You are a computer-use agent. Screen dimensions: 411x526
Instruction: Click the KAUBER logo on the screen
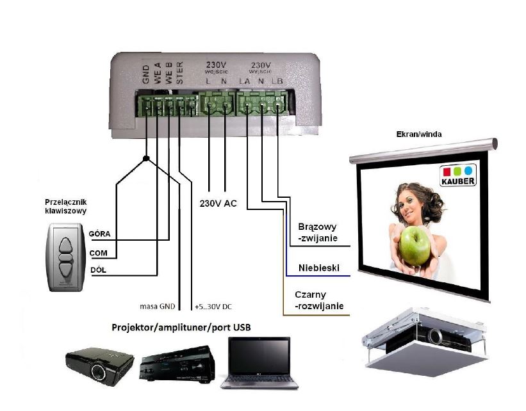(x=457, y=176)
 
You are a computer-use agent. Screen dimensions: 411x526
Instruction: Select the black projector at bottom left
(x=99, y=366)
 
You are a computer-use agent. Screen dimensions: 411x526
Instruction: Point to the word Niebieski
(x=318, y=268)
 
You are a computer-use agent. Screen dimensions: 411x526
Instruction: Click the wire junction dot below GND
(x=147, y=158)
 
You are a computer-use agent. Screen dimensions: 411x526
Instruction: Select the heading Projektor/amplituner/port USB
(x=181, y=328)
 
